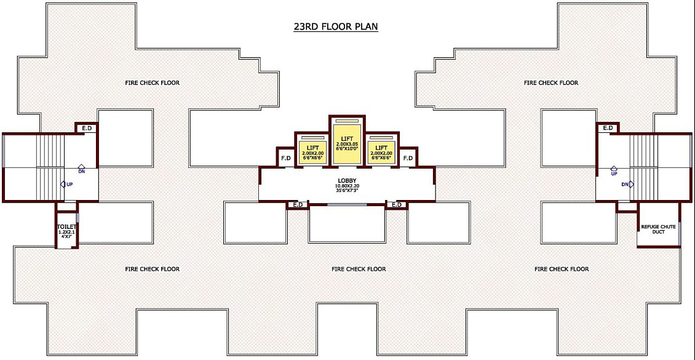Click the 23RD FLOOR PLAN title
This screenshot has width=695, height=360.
tap(335, 26)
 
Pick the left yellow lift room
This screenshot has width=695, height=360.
tap(312, 151)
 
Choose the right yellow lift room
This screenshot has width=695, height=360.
tap(381, 151)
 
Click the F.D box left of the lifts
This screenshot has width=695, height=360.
tap(286, 158)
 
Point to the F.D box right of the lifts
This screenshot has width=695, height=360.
tap(408, 158)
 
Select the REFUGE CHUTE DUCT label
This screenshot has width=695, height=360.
tap(658, 229)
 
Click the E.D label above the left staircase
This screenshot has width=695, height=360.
tap(87, 128)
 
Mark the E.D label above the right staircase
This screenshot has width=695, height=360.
tap(608, 128)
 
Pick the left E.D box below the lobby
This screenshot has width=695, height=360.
tap(298, 204)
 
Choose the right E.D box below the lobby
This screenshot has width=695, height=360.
tap(396, 204)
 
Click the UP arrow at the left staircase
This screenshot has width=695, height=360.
tap(65, 184)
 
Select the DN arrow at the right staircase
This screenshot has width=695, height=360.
tap(627, 184)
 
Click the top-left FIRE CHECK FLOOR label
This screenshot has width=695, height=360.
tap(153, 82)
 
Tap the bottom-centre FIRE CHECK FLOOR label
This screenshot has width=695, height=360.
tap(359, 269)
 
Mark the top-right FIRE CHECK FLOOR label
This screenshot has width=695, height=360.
tap(551, 82)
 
